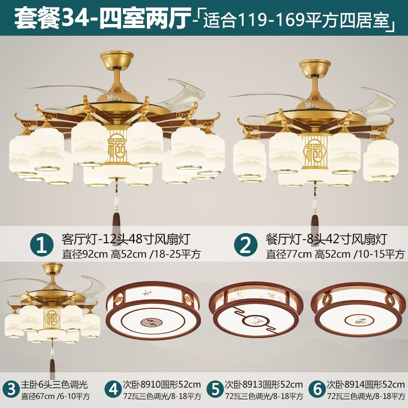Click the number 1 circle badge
pyautogui.click(x=42, y=245)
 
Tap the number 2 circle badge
pyautogui.click(x=246, y=245)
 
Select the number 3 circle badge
pyautogui.click(x=11, y=390)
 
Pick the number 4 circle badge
pyautogui.click(x=113, y=390)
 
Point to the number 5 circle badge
pyautogui.click(x=215, y=390)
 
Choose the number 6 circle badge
pyautogui.click(x=317, y=390)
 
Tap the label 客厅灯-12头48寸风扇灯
pyautogui.click(x=126, y=239)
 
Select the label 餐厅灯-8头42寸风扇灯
pyautogui.click(x=326, y=239)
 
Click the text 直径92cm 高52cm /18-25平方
pyautogui.click(x=131, y=254)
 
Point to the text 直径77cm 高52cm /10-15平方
pyautogui.click(x=335, y=254)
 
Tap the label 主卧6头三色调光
pyautogui.click(x=55, y=385)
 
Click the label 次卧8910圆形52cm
pyautogui.click(x=162, y=385)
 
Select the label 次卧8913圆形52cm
pyautogui.click(x=264, y=385)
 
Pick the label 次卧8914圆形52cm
pyautogui.click(x=366, y=385)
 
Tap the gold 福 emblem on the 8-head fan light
pyautogui.click(x=315, y=150)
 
